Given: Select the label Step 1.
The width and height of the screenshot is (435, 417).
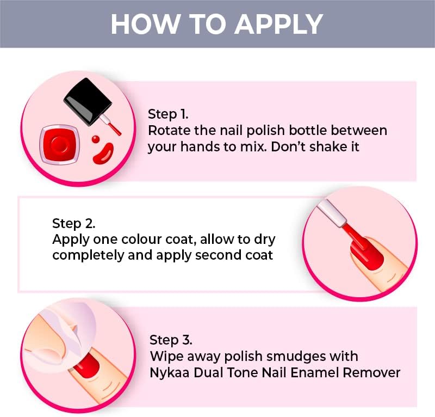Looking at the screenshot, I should click(x=168, y=114).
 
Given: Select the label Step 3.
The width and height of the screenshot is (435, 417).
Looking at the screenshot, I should click(x=171, y=340).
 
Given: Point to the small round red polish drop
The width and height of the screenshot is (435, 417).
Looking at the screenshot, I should click(x=96, y=138).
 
